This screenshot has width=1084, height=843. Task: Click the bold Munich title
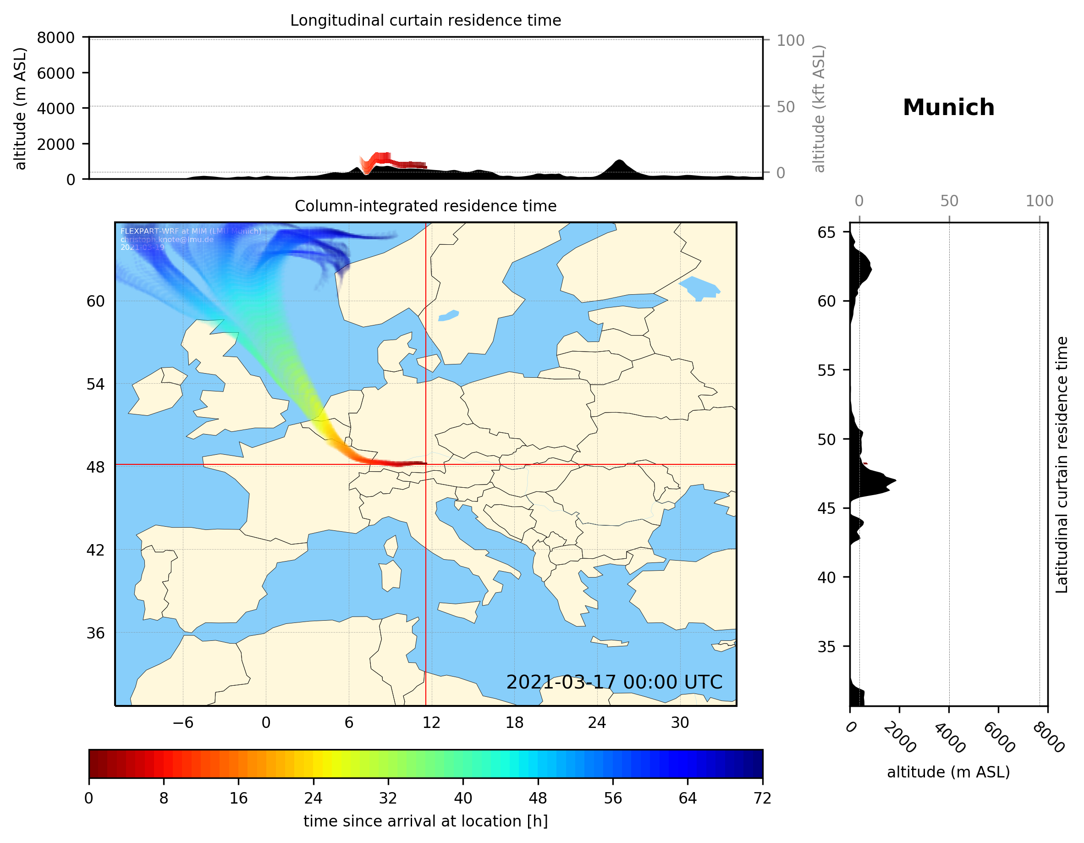pos(948,108)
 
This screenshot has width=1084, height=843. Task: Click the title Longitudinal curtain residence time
pos(425,20)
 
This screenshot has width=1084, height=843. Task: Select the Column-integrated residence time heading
pos(425,206)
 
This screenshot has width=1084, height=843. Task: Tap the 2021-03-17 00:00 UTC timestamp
pos(614,682)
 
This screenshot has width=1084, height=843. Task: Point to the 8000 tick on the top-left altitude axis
pos(55,38)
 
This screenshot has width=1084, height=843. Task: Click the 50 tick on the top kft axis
pos(786,107)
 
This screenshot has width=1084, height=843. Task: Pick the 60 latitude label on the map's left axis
pos(96,301)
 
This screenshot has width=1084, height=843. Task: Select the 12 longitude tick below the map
pos(431,722)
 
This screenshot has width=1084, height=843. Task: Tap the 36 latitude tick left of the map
pos(96,633)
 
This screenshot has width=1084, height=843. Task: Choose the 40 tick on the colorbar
pos(463,799)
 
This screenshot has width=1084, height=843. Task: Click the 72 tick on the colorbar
pos(762,799)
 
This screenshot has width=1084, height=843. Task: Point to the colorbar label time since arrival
pos(425,821)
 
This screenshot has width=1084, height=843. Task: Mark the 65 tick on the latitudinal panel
pos(826,232)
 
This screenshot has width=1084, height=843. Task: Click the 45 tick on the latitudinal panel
pos(826,508)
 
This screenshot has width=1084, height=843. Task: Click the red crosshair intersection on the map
pos(426,465)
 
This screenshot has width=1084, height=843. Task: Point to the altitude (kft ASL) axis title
pos(819,109)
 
